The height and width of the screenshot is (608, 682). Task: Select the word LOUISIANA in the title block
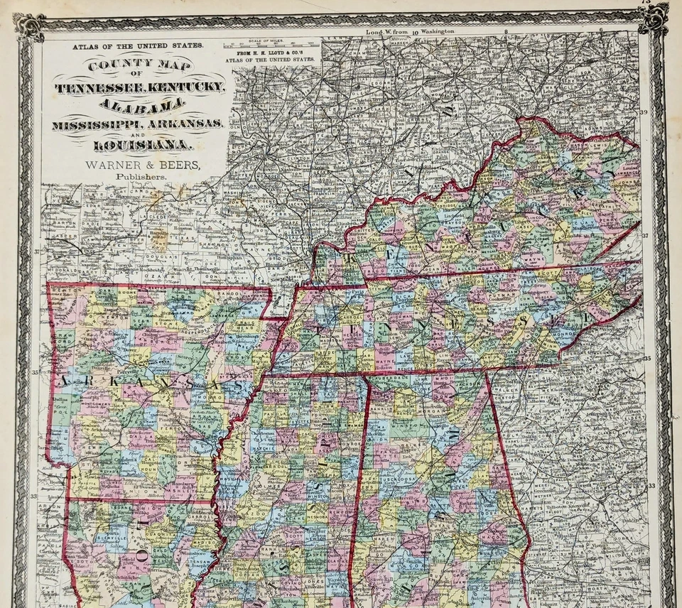point(135,145)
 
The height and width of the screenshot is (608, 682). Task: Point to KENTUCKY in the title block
point(185,87)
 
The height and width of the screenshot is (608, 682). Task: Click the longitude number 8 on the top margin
point(505,33)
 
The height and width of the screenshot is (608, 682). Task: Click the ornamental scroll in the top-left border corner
point(30,26)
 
